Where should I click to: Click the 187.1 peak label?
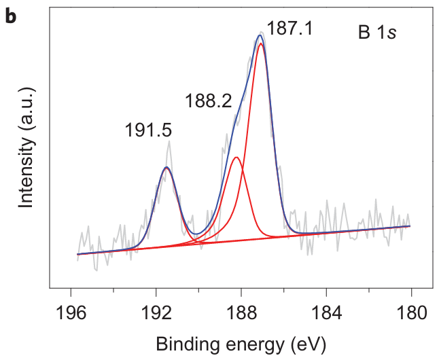[x=289, y=29]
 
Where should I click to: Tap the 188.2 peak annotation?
[x=208, y=102]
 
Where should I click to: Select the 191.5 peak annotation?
[x=148, y=130]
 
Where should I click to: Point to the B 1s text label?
[x=377, y=32]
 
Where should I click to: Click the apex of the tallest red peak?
[x=261, y=43]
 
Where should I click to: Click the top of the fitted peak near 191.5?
[x=166, y=167]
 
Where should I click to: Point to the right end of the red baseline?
[x=410, y=226]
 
